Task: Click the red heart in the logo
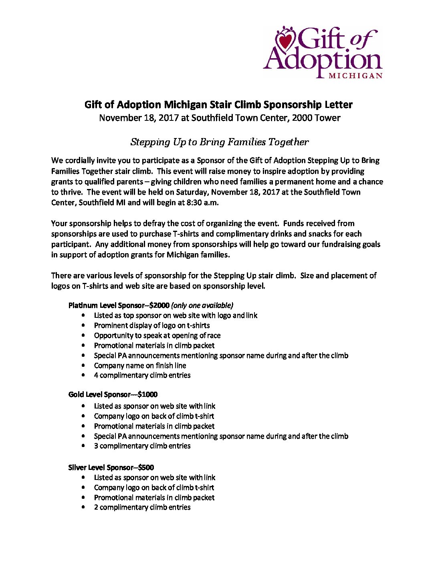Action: coord(286,40)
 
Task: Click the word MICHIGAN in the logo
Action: coord(355,75)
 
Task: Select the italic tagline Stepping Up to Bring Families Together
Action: coord(220,142)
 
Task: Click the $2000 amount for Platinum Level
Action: coord(159,305)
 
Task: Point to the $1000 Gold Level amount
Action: coord(147,394)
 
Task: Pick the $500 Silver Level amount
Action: coord(146,467)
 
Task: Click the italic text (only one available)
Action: coord(202,305)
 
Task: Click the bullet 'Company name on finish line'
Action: coord(140,366)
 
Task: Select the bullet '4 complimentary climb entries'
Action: coord(142,375)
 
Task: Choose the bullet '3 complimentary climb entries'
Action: coord(142,446)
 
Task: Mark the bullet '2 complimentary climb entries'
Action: coord(142,507)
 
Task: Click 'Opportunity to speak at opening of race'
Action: coord(157,335)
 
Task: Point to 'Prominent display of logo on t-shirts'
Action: coord(152,325)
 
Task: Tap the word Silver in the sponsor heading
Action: coord(77,467)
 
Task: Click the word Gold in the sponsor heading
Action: coord(76,394)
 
